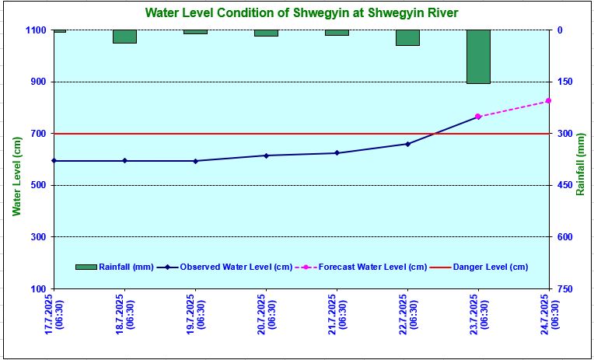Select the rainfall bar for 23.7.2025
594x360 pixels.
pyautogui.click(x=478, y=57)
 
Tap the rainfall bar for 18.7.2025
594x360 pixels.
pyautogui.click(x=124, y=37)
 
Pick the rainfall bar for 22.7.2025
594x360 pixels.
pyautogui.click(x=407, y=38)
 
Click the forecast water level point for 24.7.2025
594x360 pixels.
pyautogui.click(x=548, y=101)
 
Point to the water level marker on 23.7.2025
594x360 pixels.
pyautogui.click(x=478, y=117)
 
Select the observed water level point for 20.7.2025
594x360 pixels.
pyautogui.click(x=266, y=156)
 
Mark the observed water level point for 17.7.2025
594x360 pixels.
pyautogui.click(x=54, y=161)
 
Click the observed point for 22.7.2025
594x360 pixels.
pyautogui.click(x=407, y=144)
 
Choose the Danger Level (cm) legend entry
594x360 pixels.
pyautogui.click(x=489, y=267)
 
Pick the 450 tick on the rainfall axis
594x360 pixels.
pyautogui.click(x=564, y=185)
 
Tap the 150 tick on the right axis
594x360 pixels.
pyautogui.click(x=564, y=82)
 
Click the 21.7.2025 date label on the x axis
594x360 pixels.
pyautogui.click(x=337, y=310)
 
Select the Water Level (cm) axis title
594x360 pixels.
pyautogui.click(x=16, y=176)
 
